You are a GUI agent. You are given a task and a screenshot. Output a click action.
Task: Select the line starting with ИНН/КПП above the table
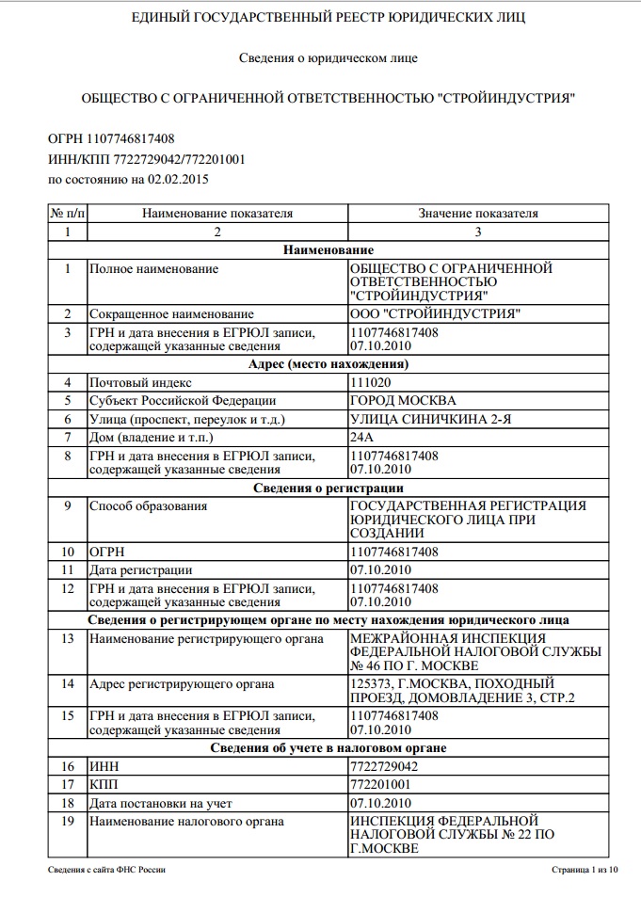[x=146, y=159]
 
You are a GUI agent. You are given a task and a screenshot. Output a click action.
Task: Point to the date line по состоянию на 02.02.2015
[x=128, y=179]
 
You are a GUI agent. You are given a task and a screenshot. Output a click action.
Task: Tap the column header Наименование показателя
[x=217, y=214]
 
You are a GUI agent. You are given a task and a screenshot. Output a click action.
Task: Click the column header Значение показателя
[x=478, y=214]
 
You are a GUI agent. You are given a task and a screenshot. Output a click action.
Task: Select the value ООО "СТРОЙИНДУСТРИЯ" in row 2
[x=434, y=313]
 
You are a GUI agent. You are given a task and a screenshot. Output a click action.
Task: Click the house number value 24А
[x=361, y=438]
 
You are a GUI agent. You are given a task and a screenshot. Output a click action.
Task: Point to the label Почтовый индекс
[x=140, y=383]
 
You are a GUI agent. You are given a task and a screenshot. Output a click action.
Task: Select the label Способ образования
[x=148, y=506]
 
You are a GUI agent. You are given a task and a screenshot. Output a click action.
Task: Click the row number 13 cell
[x=67, y=639]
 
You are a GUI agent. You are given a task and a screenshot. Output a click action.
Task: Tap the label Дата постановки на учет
[x=160, y=803]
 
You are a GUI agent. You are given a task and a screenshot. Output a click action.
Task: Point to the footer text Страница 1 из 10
[x=585, y=871]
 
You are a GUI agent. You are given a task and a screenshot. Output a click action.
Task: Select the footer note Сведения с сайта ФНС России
[x=107, y=871]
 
